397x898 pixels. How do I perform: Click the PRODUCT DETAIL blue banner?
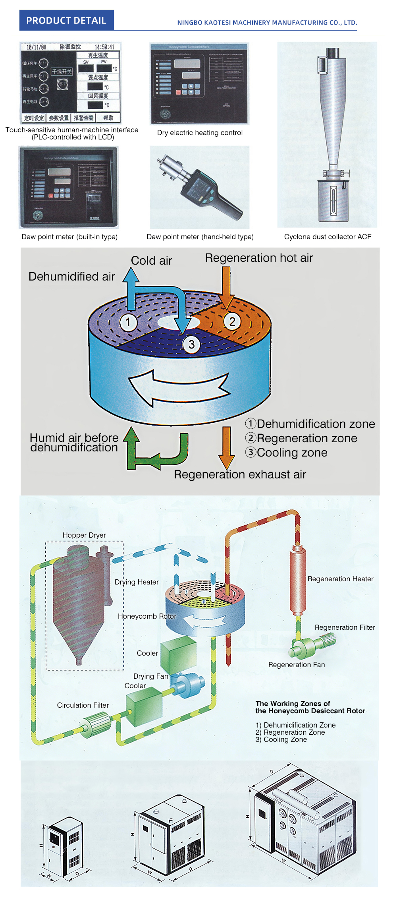[x=66, y=21]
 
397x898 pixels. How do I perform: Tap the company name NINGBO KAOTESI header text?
[x=267, y=23]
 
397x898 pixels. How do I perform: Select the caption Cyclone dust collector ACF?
[x=328, y=237]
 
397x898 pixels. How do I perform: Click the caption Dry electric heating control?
[x=200, y=133]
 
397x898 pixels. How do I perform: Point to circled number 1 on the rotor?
[x=128, y=322]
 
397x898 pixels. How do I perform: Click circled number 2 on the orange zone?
[x=232, y=321]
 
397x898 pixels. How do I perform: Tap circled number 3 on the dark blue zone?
[x=191, y=344]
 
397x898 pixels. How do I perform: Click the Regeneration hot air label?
[x=259, y=258]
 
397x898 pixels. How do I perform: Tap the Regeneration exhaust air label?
[x=240, y=474]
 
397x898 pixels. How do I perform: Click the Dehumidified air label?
[x=71, y=277]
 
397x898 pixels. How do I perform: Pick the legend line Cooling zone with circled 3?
[x=286, y=453]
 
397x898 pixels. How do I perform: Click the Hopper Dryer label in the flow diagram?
[x=84, y=535]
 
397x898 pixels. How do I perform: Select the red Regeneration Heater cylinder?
[x=297, y=580]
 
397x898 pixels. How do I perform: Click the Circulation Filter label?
[x=83, y=705]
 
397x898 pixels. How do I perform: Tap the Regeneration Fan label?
[x=296, y=665]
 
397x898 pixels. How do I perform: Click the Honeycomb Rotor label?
[x=146, y=616]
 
